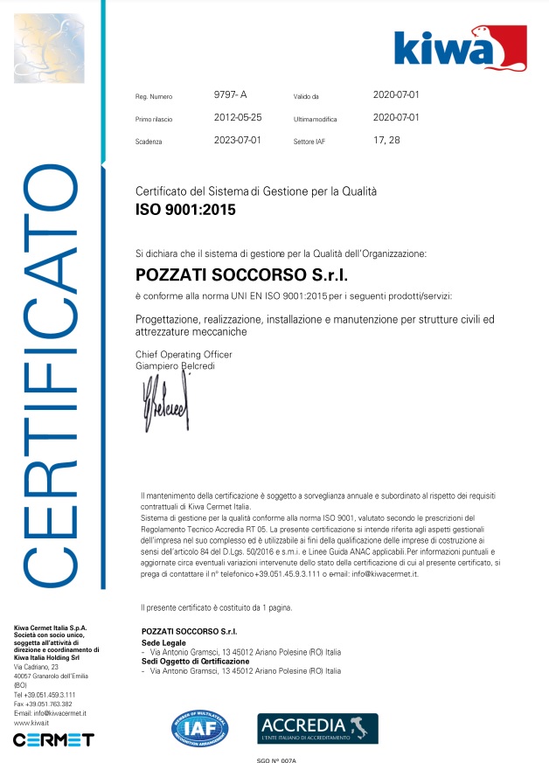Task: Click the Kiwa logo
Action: click(459, 48)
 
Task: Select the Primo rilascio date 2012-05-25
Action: click(238, 116)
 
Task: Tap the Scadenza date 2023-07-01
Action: click(238, 139)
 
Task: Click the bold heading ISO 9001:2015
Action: click(185, 210)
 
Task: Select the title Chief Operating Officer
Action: click(184, 353)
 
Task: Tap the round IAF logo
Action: click(202, 728)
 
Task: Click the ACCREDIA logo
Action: click(317, 728)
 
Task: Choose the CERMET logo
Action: click(53, 739)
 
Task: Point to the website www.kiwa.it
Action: click(31, 723)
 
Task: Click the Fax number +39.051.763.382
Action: click(44, 704)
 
